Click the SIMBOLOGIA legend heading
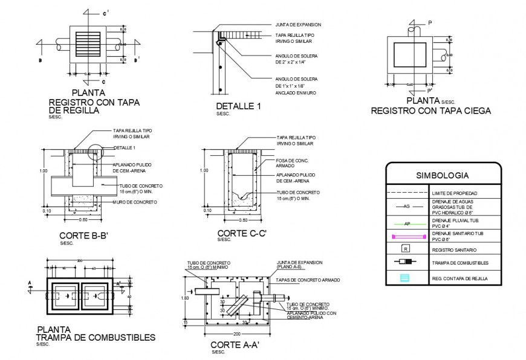(443, 176)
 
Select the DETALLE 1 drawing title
(238, 106)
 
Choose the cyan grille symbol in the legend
(406, 277)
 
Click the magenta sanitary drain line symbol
(406, 236)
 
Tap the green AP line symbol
(406, 223)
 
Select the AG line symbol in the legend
(406, 207)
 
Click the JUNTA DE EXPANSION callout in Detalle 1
(298, 25)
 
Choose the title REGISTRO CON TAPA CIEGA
(430, 111)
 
